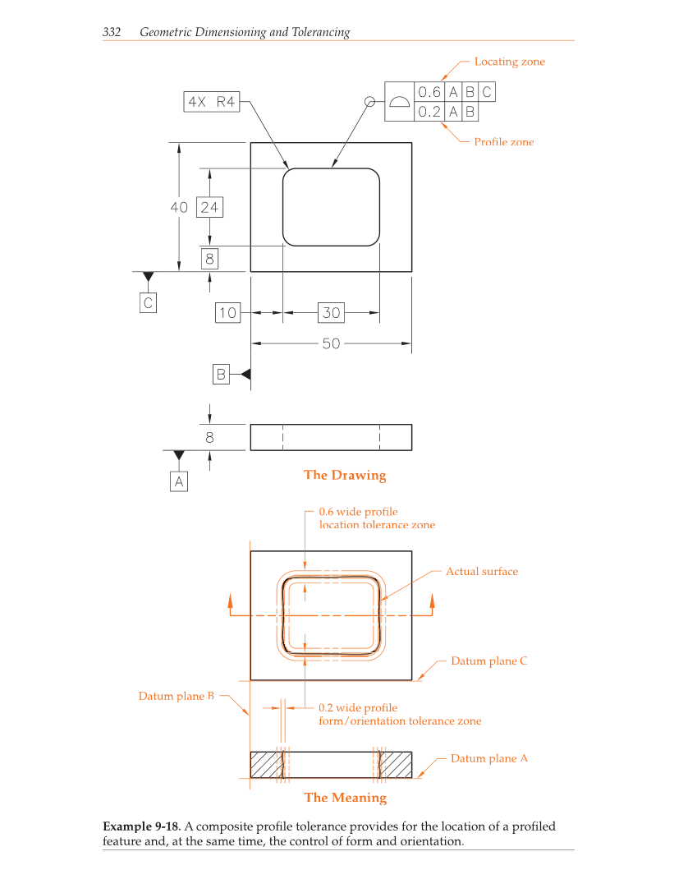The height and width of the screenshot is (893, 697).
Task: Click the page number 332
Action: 112,33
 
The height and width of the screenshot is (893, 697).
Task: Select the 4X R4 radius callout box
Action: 212,102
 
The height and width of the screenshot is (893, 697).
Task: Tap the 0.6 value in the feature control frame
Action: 429,92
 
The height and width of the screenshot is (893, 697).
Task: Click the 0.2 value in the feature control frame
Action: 429,111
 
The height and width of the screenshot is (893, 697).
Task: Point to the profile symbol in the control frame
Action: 399,102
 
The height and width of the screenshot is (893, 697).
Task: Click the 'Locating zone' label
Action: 509,62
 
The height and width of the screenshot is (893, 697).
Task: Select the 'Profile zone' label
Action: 503,142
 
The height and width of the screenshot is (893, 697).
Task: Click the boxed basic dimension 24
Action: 209,207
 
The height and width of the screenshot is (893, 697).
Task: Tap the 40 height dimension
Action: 179,207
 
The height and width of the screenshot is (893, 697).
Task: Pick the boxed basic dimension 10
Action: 227,312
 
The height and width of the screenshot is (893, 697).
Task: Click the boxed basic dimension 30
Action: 331,312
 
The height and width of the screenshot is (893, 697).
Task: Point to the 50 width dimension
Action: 330,343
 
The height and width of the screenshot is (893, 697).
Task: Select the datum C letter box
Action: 148,302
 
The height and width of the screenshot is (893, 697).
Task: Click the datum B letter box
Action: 221,374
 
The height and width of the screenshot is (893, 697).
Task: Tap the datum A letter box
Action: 179,481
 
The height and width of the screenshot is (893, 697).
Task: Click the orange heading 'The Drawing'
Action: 344,475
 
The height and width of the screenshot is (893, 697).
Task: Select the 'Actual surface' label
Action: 482,572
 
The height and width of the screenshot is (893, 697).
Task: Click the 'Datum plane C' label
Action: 488,661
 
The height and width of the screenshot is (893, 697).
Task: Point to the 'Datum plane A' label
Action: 488,758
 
